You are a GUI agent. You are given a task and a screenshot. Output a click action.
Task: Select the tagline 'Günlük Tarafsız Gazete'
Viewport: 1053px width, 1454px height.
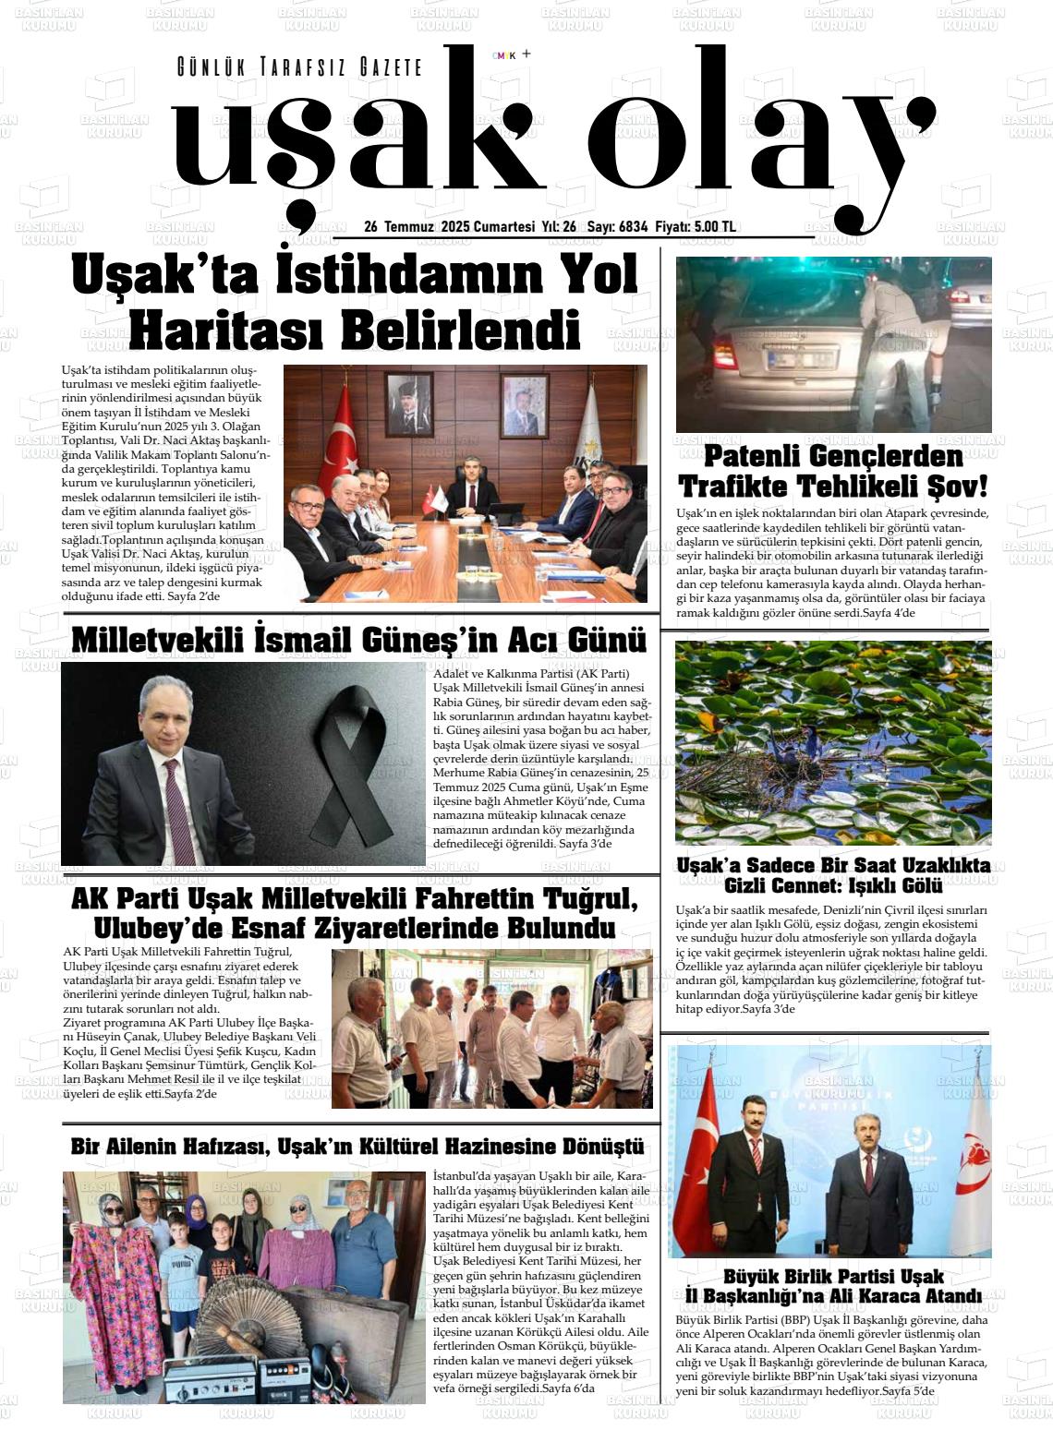point(299,67)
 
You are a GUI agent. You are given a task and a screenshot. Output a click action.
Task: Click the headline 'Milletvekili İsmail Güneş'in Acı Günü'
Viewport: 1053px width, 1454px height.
point(358,640)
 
